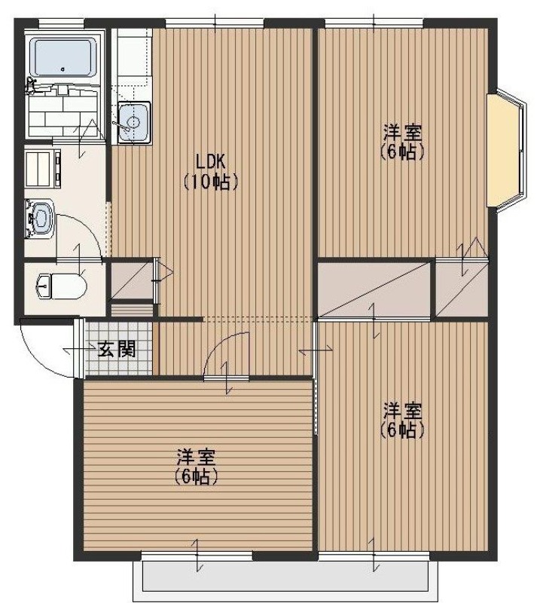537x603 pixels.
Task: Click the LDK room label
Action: pyautogui.click(x=210, y=162)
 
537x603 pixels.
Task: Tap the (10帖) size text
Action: pyautogui.click(x=210, y=182)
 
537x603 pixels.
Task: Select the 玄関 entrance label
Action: pyautogui.click(x=117, y=349)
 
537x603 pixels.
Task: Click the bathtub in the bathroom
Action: pyautogui.click(x=65, y=57)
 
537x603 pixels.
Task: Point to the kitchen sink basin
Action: pyautogui.click(x=133, y=122)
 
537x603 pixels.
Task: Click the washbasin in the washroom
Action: pyautogui.click(x=40, y=219)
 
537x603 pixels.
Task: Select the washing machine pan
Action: pyautogui.click(x=43, y=169)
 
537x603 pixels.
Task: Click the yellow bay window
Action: pyautogui.click(x=506, y=151)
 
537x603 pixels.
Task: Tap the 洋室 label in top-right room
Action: pyautogui.click(x=402, y=133)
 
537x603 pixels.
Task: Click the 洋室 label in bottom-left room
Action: pyautogui.click(x=196, y=458)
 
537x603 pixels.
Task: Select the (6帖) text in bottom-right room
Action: pyautogui.click(x=402, y=430)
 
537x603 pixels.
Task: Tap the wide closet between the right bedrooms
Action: pyautogui.click(x=374, y=289)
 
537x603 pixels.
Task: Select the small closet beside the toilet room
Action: pyautogui.click(x=131, y=280)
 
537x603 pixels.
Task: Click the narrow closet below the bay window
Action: pyautogui.click(x=461, y=289)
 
